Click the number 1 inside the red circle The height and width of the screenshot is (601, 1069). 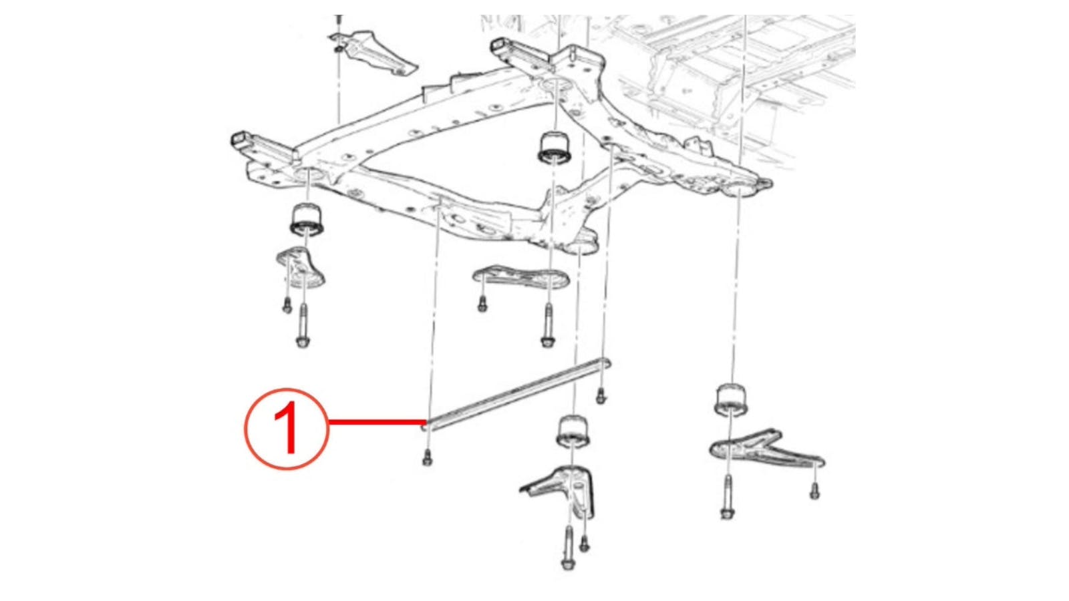tap(286, 429)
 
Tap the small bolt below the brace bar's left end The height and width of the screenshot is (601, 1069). tap(427, 459)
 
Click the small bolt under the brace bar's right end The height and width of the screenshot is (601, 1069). tap(601, 395)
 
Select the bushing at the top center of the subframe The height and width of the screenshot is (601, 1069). tap(555, 146)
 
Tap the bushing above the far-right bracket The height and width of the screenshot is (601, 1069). tap(733, 398)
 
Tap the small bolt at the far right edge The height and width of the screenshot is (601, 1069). tap(814, 490)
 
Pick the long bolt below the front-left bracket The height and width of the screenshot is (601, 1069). tap(302, 327)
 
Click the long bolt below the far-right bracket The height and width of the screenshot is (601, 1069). tap(727, 498)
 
